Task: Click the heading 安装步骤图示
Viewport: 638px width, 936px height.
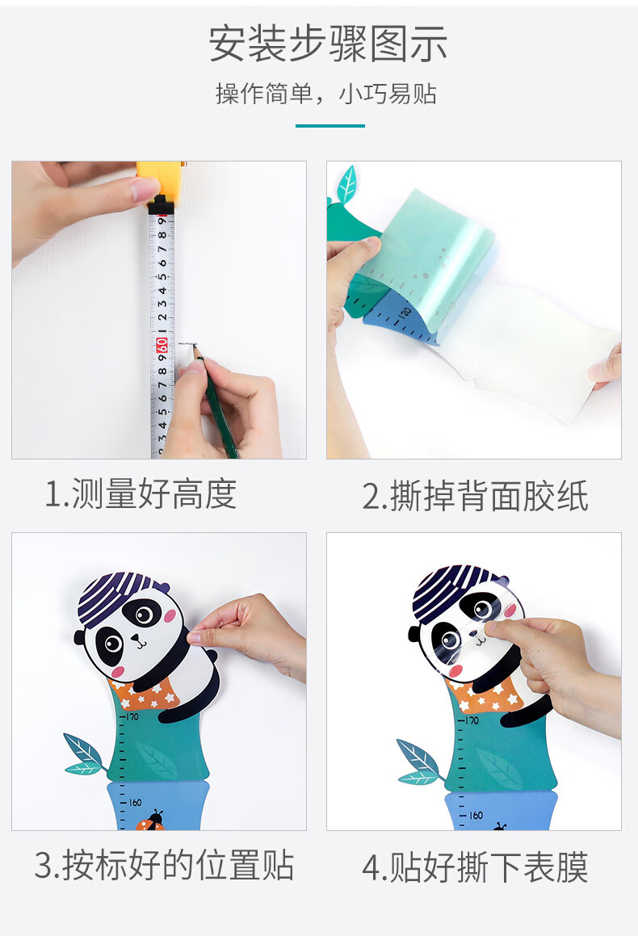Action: [x=328, y=44]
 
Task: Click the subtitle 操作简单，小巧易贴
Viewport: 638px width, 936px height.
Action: [x=326, y=94]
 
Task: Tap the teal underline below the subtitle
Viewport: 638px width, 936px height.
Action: [x=330, y=125]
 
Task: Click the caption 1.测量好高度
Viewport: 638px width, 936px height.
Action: [x=141, y=494]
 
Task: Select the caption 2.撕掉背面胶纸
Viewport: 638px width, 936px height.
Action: [x=475, y=496]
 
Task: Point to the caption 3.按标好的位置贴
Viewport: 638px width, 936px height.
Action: [x=164, y=865]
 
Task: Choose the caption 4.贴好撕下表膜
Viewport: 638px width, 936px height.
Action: [x=475, y=867]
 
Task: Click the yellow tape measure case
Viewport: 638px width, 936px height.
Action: [x=160, y=182]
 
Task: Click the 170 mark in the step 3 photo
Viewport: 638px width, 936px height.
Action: [x=131, y=716]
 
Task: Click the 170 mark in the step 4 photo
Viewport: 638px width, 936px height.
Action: [x=469, y=720]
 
